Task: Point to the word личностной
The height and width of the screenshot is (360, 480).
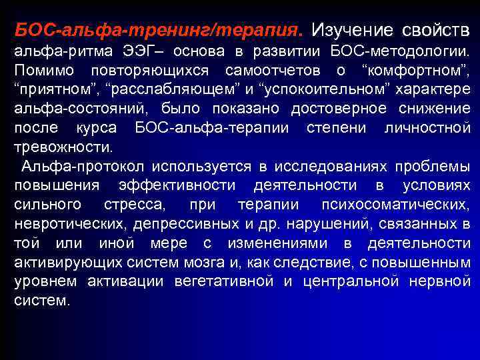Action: tap(427, 127)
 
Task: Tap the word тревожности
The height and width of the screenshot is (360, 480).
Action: tap(62, 145)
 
